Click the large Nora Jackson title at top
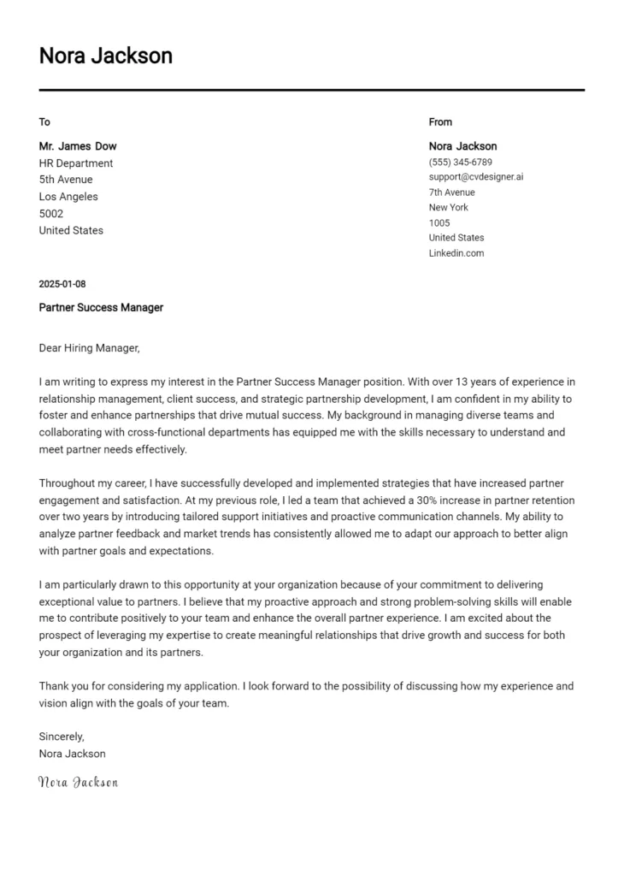pos(105,56)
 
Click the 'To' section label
pos(44,121)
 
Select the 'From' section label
pos(440,121)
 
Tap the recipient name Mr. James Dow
pos(78,146)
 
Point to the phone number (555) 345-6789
pos(460,162)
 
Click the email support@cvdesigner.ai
pos(475,177)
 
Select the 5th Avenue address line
pos(66,180)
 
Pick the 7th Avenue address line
pos(451,192)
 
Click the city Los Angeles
pos(68,197)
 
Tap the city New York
pos(449,207)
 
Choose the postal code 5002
pos(51,214)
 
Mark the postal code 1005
pos(439,222)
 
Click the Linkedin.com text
pos(456,253)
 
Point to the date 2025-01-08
pos(62,284)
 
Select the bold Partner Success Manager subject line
pos(101,307)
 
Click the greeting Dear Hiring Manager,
pos(89,348)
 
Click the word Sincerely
pos(62,737)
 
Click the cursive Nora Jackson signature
pos(79,782)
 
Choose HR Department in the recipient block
pos(76,163)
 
